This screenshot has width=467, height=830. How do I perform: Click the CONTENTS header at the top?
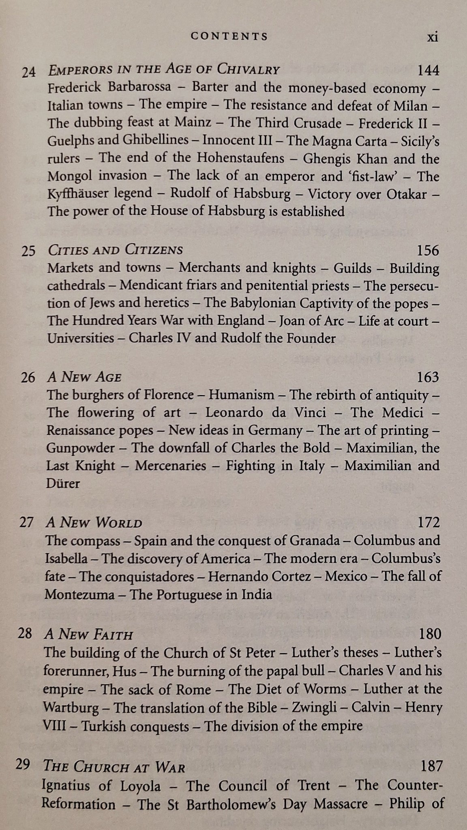[x=229, y=36]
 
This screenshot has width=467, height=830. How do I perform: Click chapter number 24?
[x=29, y=72]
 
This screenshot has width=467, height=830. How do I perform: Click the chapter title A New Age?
[x=84, y=377]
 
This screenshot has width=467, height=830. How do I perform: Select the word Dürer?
[x=63, y=483]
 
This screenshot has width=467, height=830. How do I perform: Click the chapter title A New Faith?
[x=88, y=634]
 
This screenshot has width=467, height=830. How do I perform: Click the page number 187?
[x=431, y=755]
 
